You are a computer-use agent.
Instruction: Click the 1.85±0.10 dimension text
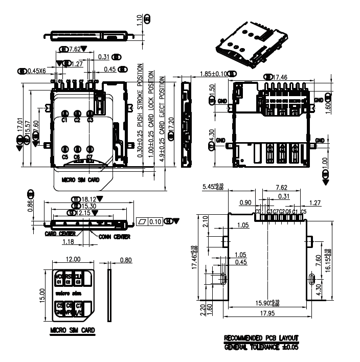point(213,74)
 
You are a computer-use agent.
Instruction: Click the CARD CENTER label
point(60,234)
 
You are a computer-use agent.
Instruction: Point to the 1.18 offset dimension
point(68,241)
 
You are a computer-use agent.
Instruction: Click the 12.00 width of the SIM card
point(73,259)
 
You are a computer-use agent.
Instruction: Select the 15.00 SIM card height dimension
point(43,295)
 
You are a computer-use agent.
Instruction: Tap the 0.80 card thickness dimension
point(124,259)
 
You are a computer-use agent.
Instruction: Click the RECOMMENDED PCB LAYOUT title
point(261,339)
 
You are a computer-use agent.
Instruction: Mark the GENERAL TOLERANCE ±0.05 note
point(261,347)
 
